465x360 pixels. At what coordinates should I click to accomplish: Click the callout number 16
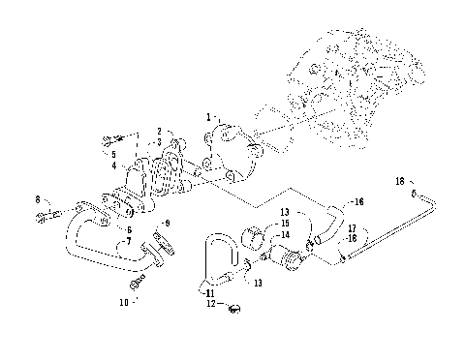tap(358, 202)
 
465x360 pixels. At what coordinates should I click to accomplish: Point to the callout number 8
tap(38, 199)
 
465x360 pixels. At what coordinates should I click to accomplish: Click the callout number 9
tap(168, 224)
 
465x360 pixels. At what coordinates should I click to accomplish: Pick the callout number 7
tap(129, 241)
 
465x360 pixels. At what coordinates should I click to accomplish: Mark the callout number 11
tap(209, 291)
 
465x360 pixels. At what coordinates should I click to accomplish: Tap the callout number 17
tap(352, 228)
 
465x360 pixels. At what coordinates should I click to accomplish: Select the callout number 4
tap(113, 165)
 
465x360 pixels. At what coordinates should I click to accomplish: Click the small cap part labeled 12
tap(233, 310)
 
